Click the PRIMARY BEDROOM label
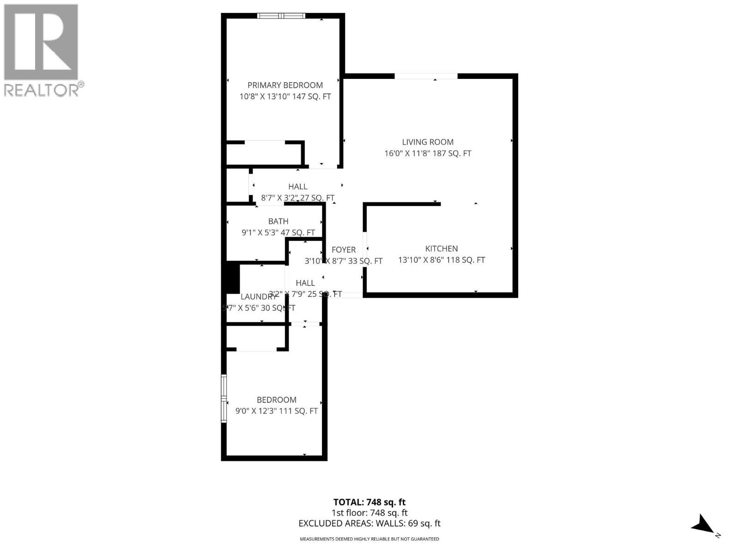[x=285, y=85]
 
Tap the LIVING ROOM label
[x=428, y=142]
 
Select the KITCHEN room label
[x=442, y=249]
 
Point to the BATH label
[x=278, y=222]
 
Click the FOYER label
[x=344, y=250]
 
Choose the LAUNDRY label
[x=258, y=297]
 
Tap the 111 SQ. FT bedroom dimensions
[x=277, y=411]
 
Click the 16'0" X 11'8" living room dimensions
[x=428, y=153]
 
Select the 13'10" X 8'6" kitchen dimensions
[x=442, y=260]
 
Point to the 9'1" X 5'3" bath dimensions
[x=278, y=233]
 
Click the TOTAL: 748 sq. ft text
[x=369, y=502]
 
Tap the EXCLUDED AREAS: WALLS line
[x=369, y=524]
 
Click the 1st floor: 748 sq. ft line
[x=369, y=513]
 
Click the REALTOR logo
[x=43, y=50]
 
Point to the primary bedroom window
[x=281, y=16]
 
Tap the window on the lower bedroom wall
[x=224, y=398]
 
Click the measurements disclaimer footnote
[x=369, y=539]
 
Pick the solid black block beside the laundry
[x=232, y=277]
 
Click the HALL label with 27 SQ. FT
[x=298, y=187]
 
